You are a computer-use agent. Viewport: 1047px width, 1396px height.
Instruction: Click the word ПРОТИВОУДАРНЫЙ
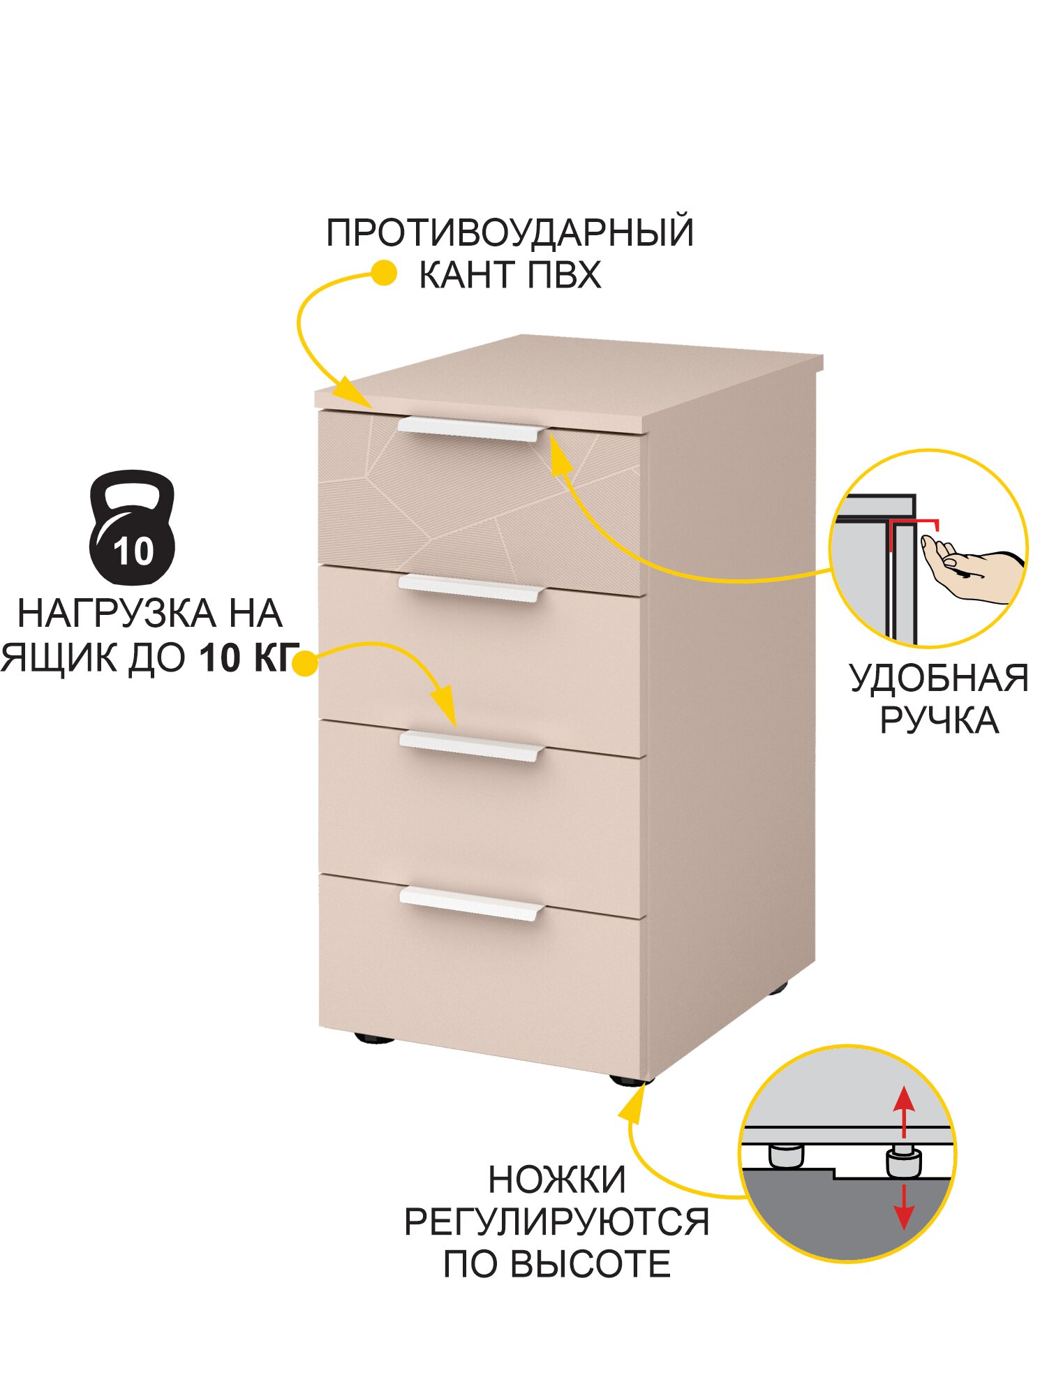(x=510, y=232)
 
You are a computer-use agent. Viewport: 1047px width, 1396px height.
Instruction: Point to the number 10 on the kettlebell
(x=133, y=551)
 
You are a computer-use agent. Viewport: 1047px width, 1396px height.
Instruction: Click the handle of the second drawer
(x=471, y=588)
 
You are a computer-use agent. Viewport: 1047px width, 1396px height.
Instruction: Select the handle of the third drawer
(x=471, y=746)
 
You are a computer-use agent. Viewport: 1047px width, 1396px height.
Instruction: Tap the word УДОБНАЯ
(x=939, y=678)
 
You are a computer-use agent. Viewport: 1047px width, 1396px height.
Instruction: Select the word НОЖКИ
(x=556, y=1180)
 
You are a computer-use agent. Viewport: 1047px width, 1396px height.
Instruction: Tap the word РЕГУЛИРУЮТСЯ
(x=556, y=1222)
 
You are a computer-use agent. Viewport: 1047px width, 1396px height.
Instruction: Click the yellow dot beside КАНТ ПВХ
(x=383, y=273)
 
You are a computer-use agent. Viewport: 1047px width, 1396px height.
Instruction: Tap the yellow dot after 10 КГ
(x=304, y=662)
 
